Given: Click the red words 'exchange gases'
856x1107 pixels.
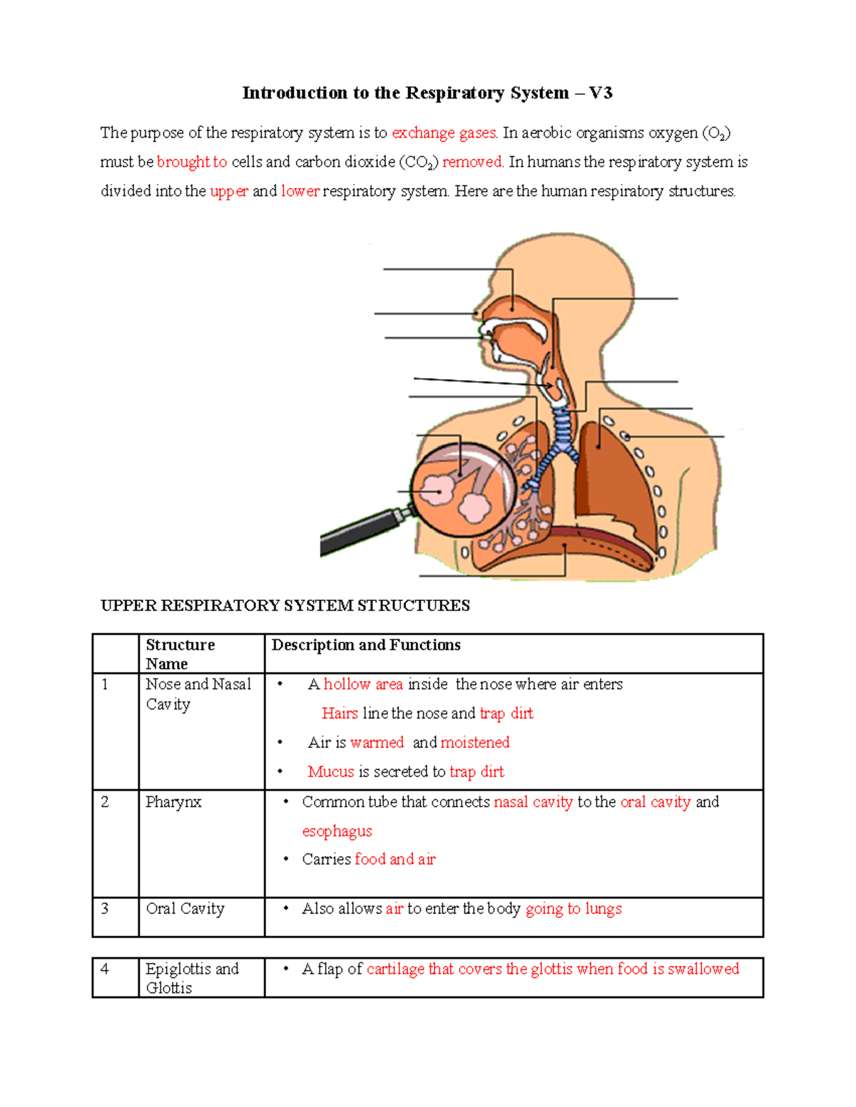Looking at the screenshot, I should coord(444,133).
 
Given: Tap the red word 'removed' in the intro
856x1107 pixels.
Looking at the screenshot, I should coord(472,163).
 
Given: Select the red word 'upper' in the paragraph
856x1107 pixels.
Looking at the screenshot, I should coord(229,192).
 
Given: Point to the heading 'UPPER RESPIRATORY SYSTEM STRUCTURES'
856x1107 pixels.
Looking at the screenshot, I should coord(285,606).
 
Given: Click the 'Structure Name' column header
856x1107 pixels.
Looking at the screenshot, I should coord(180,654).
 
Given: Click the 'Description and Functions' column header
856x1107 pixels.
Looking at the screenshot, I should coord(366,645).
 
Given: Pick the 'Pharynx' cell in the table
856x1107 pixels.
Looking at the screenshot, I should coord(173,803).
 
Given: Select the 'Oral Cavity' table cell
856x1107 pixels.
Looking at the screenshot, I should coord(185,909).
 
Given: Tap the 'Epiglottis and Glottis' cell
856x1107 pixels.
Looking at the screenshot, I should coord(191,978).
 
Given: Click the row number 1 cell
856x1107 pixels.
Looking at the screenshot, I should coord(106,685).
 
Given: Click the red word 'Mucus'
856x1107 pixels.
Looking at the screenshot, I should coord(331,772).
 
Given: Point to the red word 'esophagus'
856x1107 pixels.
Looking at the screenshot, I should coord(337,832).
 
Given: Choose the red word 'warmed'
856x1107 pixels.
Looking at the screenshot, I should coord(377,743).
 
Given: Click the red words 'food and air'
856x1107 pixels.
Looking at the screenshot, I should coord(394,860).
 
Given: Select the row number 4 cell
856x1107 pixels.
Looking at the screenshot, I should coord(106,969).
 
